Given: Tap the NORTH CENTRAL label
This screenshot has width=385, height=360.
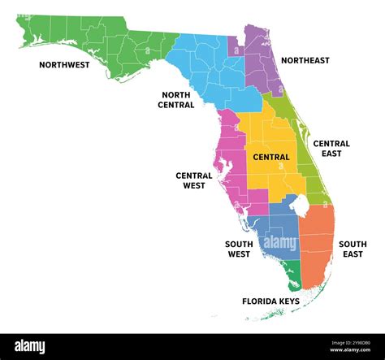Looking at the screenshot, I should coord(176,99).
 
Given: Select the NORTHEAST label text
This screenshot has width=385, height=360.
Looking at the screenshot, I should coord(305,60).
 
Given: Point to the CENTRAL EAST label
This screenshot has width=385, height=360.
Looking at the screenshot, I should coord(331,149).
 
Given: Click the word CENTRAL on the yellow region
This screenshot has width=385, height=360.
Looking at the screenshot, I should coord(271,157).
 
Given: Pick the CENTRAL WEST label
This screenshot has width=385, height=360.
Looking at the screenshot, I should coord(193,180).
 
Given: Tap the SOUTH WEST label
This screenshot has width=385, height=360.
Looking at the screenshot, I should coord(238,249).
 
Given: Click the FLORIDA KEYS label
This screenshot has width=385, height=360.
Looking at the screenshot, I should coord(270,301).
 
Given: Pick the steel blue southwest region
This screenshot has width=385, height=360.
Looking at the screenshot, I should coord(280,236).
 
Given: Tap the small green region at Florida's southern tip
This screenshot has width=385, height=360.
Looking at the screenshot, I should coord(293,276).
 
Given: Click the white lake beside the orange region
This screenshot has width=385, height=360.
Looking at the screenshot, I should coord(300,207).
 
